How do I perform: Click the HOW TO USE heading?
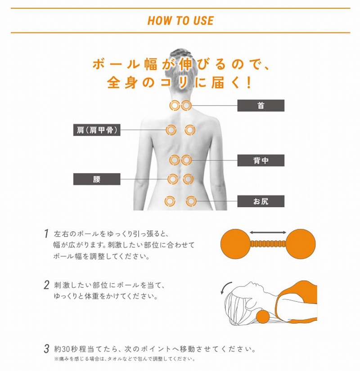pyautogui.click(x=180, y=21)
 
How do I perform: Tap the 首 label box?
pyautogui.click(x=261, y=106)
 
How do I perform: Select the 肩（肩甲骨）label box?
pyautogui.click(x=97, y=130)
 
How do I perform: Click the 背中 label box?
pyautogui.click(x=261, y=161)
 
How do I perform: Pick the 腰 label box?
pyautogui.click(x=97, y=179)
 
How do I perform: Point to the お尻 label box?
pyautogui.click(x=261, y=201)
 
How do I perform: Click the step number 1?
pyautogui.click(x=46, y=233)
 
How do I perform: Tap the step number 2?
pyautogui.click(x=46, y=285)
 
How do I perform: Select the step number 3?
pyautogui.click(x=47, y=349)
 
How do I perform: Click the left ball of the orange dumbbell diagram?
pyautogui.click(x=235, y=244)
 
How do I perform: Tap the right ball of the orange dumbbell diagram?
pyautogui.click(x=301, y=244)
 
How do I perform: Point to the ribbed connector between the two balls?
pyautogui.click(x=268, y=244)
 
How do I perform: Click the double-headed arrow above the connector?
pyautogui.click(x=268, y=232)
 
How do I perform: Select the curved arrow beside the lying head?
pyautogui.click(x=225, y=287)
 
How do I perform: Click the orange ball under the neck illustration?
pyautogui.click(x=263, y=317)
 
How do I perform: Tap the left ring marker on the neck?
pyautogui.click(x=175, y=105)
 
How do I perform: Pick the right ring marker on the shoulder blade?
pyautogui.click(x=190, y=130)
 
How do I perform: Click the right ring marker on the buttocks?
pyautogui.click(x=191, y=201)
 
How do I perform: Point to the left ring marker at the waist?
pyautogui.click(x=173, y=179)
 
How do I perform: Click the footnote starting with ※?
pyautogui.click(x=125, y=359)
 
